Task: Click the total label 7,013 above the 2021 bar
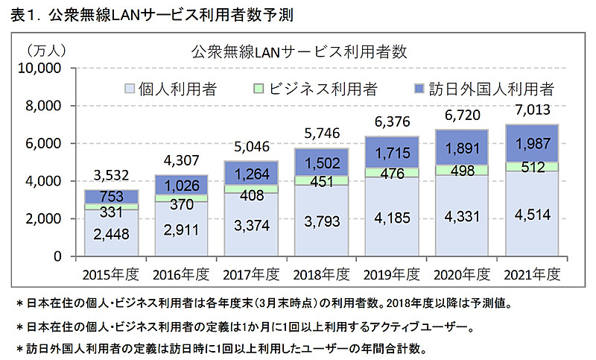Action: (533, 111)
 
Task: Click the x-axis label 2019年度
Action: (392, 274)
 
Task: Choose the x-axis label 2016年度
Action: (180, 274)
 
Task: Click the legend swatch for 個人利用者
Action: (130, 89)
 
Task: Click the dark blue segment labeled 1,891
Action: (462, 151)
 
